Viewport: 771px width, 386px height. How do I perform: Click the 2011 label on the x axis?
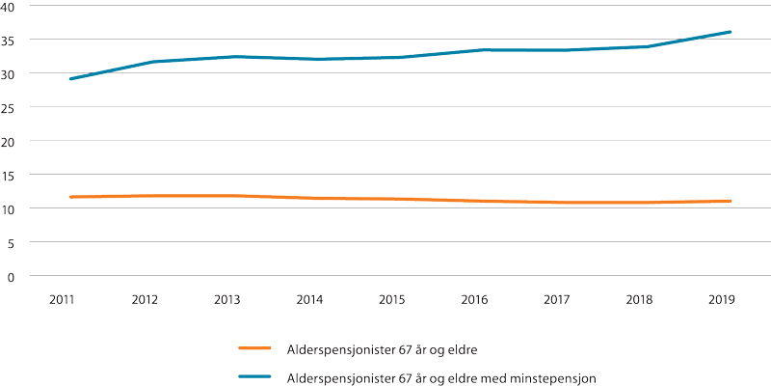pyautogui.click(x=63, y=300)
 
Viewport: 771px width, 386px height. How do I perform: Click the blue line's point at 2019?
pyautogui.click(x=731, y=32)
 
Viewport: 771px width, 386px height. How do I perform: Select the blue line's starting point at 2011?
pyautogui.click(x=70, y=79)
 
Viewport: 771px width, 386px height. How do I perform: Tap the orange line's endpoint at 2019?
pyautogui.click(x=731, y=201)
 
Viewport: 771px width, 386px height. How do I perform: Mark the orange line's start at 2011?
pyautogui.click(x=70, y=197)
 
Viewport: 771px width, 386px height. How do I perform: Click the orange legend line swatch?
pyautogui.click(x=259, y=347)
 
